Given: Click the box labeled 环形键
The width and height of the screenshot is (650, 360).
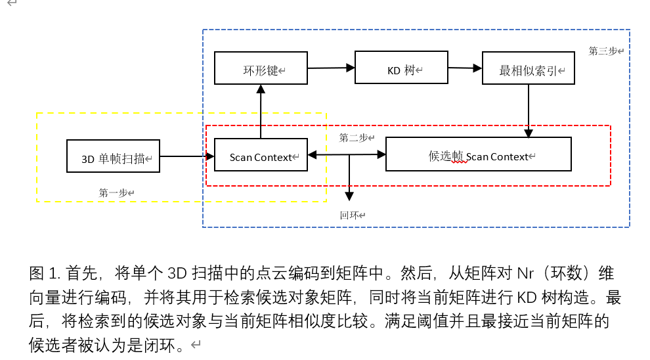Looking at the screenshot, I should [x=261, y=68].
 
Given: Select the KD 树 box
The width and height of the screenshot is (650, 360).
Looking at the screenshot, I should [x=401, y=68].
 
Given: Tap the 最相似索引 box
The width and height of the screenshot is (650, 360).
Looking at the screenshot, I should [x=528, y=68].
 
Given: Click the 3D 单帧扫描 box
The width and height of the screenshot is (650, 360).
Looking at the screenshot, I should [x=113, y=156].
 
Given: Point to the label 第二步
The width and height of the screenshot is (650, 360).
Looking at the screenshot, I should [x=355, y=138].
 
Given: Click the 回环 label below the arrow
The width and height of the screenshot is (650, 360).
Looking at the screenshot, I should [x=350, y=215].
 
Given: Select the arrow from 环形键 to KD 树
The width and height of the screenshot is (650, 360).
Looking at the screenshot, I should [x=331, y=67].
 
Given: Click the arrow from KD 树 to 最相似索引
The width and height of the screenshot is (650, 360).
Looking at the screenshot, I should [x=464, y=67].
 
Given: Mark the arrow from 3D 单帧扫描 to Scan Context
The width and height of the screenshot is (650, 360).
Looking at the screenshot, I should [x=187, y=156].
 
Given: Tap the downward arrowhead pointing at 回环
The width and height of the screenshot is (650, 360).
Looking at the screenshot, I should [x=349, y=195].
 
